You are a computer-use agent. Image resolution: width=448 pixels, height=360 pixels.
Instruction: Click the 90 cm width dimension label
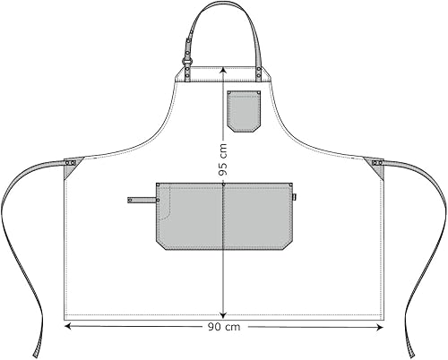(x=223, y=328)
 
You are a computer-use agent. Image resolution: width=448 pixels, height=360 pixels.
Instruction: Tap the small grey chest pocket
(x=244, y=111)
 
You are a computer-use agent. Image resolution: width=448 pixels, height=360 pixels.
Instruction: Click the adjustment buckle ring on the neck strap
(x=189, y=65)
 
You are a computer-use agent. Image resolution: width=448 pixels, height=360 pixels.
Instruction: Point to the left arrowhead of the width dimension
(x=66, y=328)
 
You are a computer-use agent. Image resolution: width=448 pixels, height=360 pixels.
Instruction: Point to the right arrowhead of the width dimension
(x=382, y=328)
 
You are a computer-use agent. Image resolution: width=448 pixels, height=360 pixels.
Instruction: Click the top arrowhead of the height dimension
(x=222, y=72)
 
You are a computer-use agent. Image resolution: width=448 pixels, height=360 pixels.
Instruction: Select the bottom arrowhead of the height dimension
(x=222, y=316)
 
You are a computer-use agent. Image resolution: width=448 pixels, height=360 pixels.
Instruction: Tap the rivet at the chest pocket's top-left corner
(x=230, y=93)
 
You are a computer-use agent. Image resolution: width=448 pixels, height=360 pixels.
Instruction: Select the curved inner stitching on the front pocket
(x=168, y=210)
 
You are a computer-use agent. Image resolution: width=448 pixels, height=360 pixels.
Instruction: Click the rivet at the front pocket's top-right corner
(x=289, y=185)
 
